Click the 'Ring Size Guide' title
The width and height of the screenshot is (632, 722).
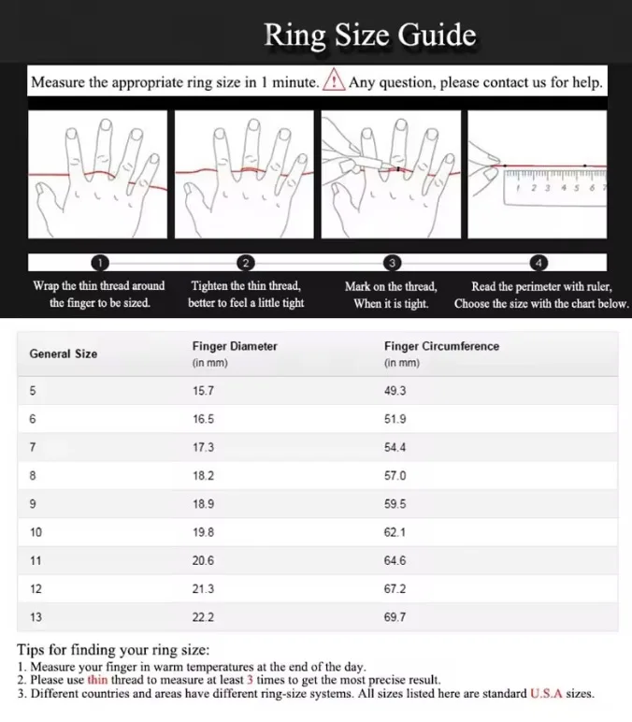coord(369,36)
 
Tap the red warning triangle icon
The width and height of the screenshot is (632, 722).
coord(334,82)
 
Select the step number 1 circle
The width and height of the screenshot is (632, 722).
coord(100,263)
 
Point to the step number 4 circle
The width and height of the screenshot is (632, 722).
coord(539,263)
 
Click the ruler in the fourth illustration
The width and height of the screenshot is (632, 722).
coord(554,180)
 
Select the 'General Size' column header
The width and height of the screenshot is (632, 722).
coord(63,354)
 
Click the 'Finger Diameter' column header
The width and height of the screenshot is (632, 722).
coord(235,346)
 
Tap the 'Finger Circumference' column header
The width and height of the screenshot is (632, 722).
coord(441,346)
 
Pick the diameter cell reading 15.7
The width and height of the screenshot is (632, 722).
coord(204,391)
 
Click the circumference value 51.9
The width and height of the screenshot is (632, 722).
coord(395,419)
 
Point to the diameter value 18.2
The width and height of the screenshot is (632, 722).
coord(204,475)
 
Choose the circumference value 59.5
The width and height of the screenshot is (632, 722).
coord(395,503)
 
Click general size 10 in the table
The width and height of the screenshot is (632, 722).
coord(36,532)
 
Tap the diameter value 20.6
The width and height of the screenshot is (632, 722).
coord(204,560)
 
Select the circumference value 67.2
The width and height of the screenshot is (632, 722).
coord(395,588)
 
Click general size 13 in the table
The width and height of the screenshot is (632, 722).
coord(36,617)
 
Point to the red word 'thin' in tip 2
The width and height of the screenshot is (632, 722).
coord(98,680)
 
